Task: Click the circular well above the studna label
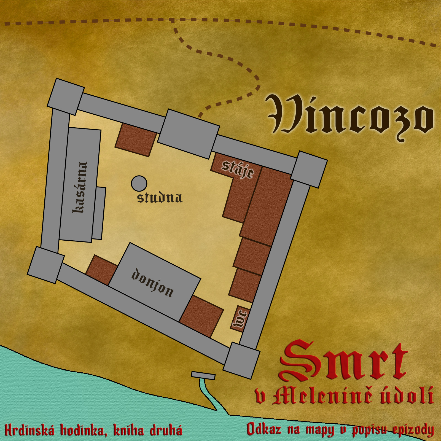(139, 184)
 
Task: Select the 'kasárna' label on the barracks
(80, 187)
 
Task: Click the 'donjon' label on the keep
(152, 283)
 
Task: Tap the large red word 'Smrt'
(343, 360)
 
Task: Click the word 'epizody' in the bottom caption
(413, 430)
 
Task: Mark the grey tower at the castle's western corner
(46, 265)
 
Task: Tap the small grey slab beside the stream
(203, 375)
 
